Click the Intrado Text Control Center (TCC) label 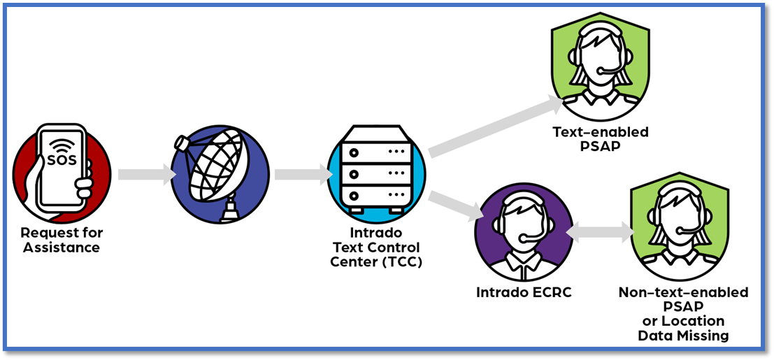(376, 247)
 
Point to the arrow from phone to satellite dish (146, 174)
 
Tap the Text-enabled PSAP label (600, 138)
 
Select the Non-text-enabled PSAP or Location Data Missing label (683, 314)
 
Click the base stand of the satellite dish (230, 210)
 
